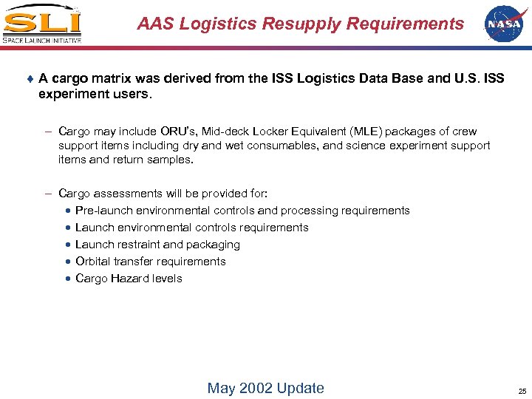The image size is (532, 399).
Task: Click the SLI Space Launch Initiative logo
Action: pos(41,24)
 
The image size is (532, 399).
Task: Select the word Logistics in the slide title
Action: pos(209,24)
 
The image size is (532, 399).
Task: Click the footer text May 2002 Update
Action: pos(265,388)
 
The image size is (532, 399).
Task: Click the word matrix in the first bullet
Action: pos(113,78)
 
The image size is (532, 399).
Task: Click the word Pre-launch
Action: pos(104,211)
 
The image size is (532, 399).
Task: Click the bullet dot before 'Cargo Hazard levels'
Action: pos(67,279)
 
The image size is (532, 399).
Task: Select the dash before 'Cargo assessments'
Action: pos(47,194)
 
